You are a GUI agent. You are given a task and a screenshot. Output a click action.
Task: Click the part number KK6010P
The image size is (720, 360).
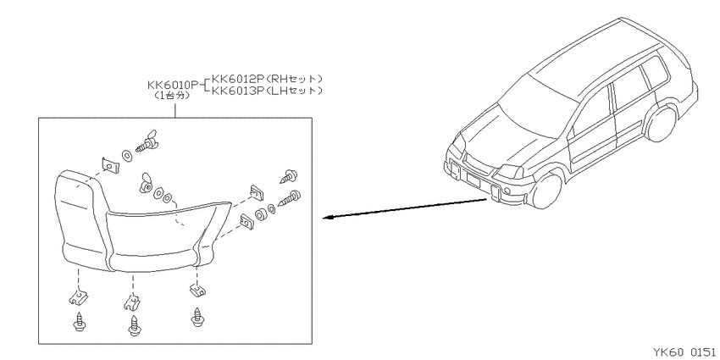(x=173, y=85)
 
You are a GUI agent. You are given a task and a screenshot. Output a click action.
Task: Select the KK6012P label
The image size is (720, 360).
(x=237, y=79)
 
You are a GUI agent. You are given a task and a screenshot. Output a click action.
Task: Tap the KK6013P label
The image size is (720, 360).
(x=237, y=91)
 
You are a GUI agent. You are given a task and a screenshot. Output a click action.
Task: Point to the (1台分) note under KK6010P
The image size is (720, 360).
(x=172, y=97)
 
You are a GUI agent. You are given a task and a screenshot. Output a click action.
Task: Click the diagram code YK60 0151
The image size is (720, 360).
(x=684, y=352)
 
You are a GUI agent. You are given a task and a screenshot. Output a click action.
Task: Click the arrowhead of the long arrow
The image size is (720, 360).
(x=327, y=218)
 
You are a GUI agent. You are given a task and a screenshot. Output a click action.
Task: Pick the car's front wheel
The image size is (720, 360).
(x=548, y=191)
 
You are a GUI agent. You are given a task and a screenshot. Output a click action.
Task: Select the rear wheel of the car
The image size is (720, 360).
(x=662, y=124)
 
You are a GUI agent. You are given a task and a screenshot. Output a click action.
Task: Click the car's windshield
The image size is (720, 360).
(x=537, y=108)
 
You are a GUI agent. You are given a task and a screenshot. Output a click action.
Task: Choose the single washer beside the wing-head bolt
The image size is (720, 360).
(x=126, y=155)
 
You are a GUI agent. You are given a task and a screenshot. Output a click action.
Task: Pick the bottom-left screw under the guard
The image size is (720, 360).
(x=79, y=324)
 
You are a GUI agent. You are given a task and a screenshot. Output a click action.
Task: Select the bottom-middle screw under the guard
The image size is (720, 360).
(x=134, y=325)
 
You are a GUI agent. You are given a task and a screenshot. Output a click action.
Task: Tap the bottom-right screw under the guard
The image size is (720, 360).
(x=198, y=318)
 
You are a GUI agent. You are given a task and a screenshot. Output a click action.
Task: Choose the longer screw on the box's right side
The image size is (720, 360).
(x=290, y=198)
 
